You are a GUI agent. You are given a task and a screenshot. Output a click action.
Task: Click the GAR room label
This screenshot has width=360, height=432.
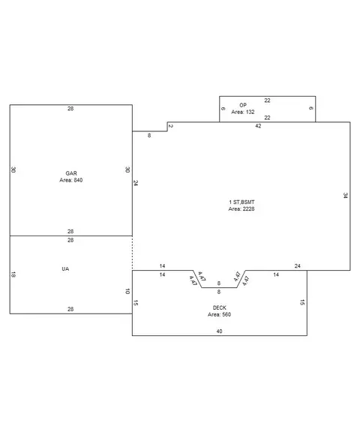click(x=71, y=173)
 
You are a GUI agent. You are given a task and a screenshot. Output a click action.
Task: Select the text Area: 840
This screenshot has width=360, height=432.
click(x=71, y=180)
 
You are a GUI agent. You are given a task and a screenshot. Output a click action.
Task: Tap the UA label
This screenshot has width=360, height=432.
click(x=65, y=269)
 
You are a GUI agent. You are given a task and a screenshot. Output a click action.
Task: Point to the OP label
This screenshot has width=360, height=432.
click(x=243, y=105)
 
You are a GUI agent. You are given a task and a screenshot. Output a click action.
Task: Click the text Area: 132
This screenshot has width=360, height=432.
click(x=243, y=112)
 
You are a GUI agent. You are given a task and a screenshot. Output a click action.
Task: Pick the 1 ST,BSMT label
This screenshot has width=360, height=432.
click(x=241, y=202)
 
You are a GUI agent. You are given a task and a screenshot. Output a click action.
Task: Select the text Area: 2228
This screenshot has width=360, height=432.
click(x=241, y=209)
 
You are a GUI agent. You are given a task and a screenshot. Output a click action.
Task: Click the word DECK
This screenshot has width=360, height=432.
click(x=220, y=307)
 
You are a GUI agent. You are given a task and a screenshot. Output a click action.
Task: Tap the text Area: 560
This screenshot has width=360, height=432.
click(x=220, y=315)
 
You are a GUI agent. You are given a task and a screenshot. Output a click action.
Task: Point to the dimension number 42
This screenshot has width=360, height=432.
click(x=258, y=126)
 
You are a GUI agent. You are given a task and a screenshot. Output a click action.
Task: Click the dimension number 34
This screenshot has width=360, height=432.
click(x=346, y=196)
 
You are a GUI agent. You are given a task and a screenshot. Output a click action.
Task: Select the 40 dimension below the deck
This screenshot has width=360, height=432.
click(x=219, y=331)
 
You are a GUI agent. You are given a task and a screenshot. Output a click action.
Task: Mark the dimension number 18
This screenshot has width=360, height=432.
click(x=13, y=274)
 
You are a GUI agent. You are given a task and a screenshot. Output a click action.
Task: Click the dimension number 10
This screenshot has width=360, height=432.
click(x=127, y=292)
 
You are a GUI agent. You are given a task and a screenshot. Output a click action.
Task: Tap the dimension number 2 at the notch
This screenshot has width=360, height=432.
click(x=171, y=127)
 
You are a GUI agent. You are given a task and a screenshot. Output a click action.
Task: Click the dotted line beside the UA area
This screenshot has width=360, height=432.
click(x=133, y=253)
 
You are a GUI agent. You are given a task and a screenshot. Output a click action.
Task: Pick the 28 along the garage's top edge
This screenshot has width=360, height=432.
click(x=70, y=109)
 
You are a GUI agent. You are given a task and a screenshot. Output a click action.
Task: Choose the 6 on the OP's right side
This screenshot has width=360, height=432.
click(x=311, y=108)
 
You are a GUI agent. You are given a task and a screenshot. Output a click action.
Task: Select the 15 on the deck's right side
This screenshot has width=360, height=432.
click(x=302, y=302)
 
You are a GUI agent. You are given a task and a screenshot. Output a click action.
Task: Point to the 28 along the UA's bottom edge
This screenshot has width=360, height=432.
click(x=70, y=310)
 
